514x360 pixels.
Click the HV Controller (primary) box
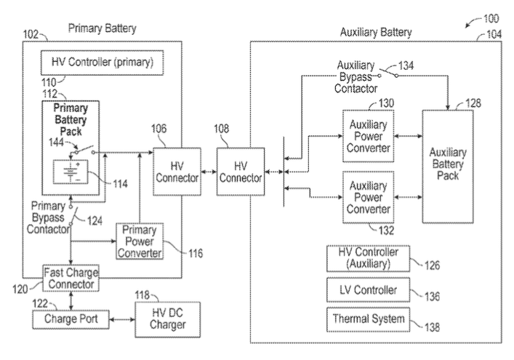(x=102, y=63)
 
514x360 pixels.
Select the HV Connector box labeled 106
(x=177, y=172)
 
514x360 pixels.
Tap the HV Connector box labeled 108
(x=241, y=172)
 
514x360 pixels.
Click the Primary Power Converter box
(x=140, y=241)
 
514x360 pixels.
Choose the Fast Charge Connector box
(x=71, y=278)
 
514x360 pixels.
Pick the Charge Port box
(x=71, y=319)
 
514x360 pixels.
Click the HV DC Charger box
(x=167, y=319)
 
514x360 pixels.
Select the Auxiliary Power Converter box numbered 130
(x=368, y=136)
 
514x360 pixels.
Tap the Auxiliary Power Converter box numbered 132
(x=368, y=197)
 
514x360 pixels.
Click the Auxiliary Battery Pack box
(x=448, y=167)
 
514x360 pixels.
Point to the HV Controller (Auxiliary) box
(x=368, y=258)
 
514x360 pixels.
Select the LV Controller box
(x=368, y=290)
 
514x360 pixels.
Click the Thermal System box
(x=368, y=319)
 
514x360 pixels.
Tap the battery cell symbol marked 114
(x=71, y=172)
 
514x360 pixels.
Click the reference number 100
(x=491, y=18)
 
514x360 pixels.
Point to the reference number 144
(x=56, y=143)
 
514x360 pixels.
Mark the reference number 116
(x=196, y=253)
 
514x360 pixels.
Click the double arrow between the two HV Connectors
(x=209, y=172)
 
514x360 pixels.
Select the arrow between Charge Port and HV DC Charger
(x=122, y=319)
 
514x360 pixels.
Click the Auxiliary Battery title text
(x=376, y=33)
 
